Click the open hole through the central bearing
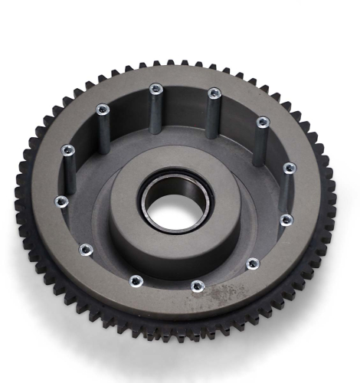175,203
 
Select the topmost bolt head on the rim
155,88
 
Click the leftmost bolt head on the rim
61,201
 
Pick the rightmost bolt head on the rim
289,168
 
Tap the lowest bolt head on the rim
198,286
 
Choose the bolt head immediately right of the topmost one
214,93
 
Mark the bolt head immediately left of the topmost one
102,109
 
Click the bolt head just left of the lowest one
136,280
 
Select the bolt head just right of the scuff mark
252,264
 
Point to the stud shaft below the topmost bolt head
156,111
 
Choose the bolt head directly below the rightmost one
286,220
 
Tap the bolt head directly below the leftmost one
86,249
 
